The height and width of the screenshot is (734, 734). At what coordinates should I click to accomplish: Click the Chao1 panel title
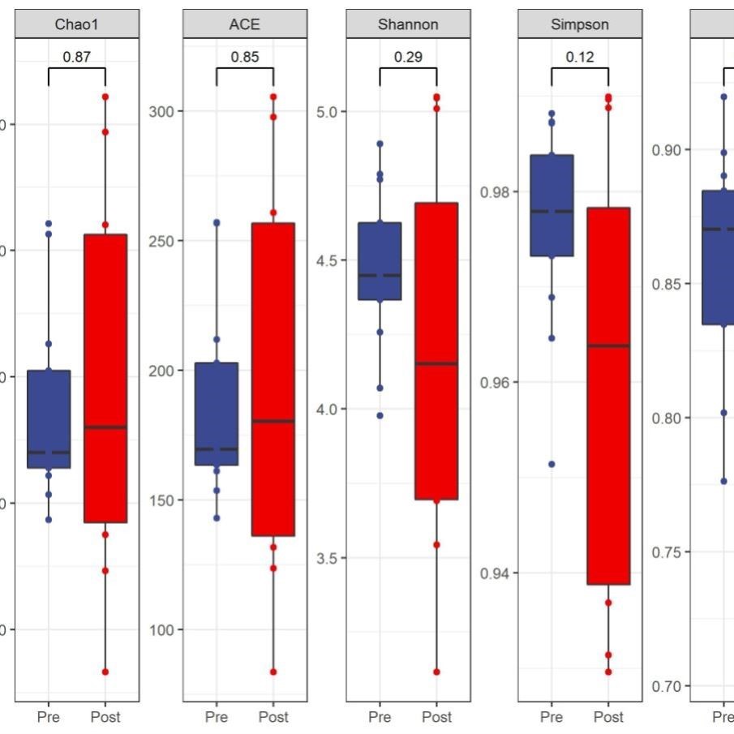click(x=75, y=24)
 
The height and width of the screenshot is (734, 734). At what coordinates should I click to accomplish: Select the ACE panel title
click(x=244, y=24)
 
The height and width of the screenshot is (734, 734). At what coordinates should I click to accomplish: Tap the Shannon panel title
click(x=408, y=24)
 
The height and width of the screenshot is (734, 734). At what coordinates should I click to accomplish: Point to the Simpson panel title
click(x=579, y=24)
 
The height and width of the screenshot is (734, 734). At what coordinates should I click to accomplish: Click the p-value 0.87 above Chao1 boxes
click(x=76, y=58)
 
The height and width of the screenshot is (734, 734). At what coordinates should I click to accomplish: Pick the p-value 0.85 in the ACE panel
click(x=244, y=58)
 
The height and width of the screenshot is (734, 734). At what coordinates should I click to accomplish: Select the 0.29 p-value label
click(x=408, y=58)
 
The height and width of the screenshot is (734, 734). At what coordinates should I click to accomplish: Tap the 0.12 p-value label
click(x=579, y=58)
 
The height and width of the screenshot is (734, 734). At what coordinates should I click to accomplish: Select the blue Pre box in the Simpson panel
click(x=552, y=205)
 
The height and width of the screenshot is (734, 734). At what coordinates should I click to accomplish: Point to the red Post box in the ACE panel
click(x=273, y=379)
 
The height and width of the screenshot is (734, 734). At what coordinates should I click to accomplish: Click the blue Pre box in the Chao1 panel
click(x=49, y=419)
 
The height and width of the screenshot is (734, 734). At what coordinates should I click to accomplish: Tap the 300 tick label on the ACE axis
click(x=161, y=111)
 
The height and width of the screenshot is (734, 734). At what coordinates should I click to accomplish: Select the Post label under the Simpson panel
click(x=608, y=717)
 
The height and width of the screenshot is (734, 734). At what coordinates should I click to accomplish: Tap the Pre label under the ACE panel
click(x=217, y=717)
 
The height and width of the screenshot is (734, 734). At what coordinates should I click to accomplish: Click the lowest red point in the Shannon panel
click(x=436, y=672)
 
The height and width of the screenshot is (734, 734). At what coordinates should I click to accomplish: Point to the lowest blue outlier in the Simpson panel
click(x=552, y=464)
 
